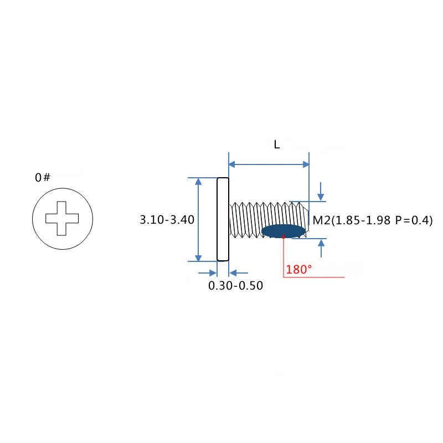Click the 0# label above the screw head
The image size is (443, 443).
(x=43, y=177)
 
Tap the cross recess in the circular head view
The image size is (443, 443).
(x=62, y=218)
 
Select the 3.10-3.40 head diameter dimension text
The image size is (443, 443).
(x=167, y=219)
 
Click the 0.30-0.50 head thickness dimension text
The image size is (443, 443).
(x=236, y=286)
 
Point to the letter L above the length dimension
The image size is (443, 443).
(x=276, y=145)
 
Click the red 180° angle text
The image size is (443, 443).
(x=299, y=270)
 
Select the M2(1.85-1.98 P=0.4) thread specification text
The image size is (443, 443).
(x=373, y=220)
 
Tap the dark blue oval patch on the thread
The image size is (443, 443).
(x=284, y=231)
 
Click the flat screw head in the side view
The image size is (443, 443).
(x=223, y=219)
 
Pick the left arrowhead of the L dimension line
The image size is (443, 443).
(x=232, y=164)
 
